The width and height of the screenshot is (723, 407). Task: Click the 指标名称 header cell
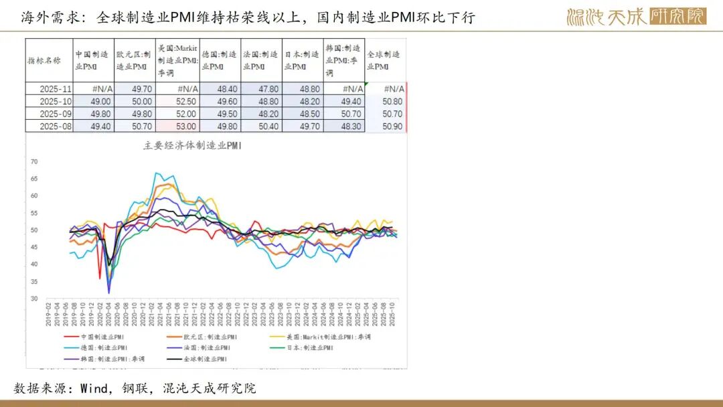48,60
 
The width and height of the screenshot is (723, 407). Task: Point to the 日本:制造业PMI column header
302,60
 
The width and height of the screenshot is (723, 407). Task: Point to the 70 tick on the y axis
35,162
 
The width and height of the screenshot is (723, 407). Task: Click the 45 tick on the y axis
35,247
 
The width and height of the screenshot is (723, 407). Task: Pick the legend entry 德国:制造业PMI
101,348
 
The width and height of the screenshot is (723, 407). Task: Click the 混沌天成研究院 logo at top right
636,17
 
